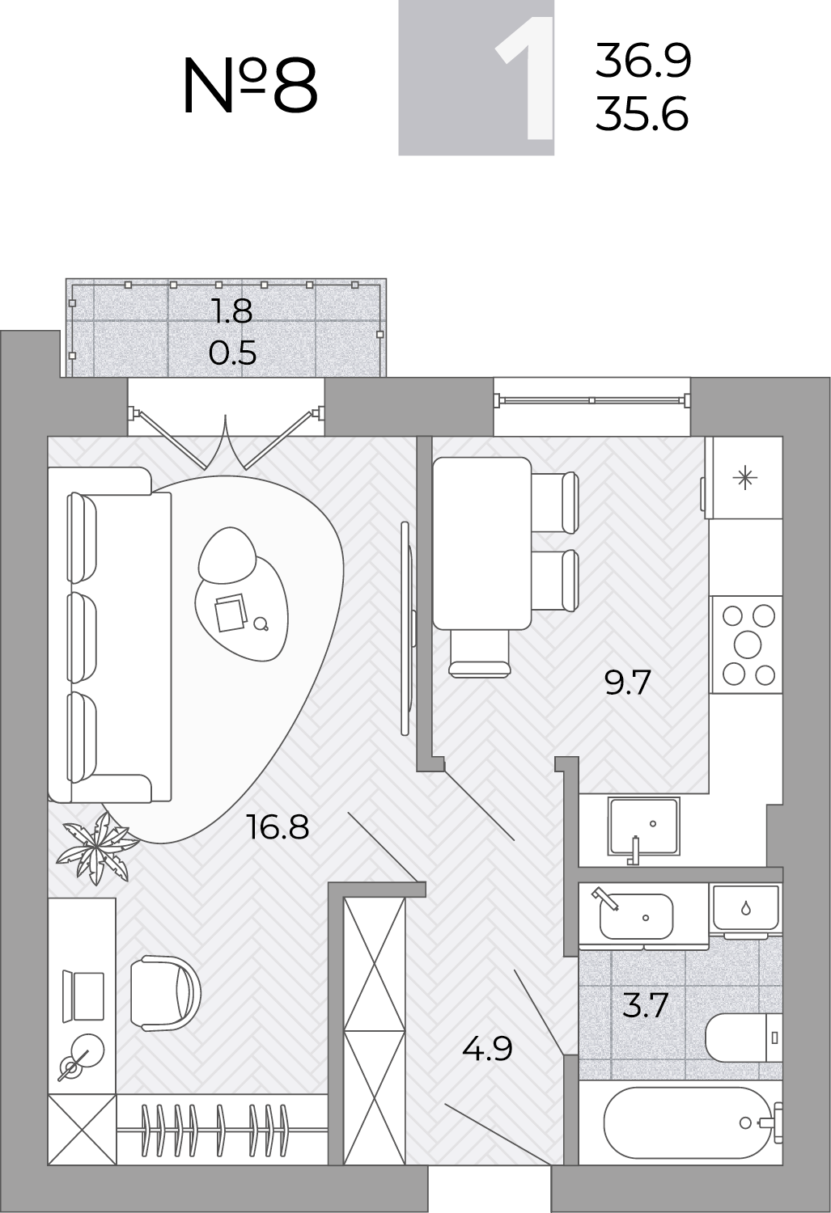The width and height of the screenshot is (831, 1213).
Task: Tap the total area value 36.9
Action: coord(643,61)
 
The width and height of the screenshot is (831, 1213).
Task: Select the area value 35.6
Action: coord(642,113)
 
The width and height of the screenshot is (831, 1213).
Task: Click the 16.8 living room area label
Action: coord(278,827)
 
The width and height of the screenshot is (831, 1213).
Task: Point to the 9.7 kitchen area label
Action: coord(627,683)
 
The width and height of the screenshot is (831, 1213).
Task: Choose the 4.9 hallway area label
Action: coord(487,1049)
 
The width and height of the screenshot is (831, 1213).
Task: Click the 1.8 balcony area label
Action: coord(233,311)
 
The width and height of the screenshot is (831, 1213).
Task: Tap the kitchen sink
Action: coord(643,826)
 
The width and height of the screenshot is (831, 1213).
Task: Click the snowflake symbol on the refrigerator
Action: coord(745,478)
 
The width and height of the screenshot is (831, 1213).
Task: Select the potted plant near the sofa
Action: coord(98,847)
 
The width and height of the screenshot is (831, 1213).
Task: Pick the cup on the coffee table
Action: coord(261,624)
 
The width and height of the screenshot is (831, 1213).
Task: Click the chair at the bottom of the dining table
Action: coord(480,653)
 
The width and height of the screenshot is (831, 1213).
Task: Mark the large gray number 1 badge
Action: coord(476,78)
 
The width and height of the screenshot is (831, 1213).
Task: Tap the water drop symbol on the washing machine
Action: coord(746,907)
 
